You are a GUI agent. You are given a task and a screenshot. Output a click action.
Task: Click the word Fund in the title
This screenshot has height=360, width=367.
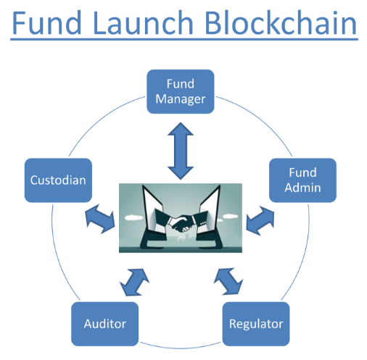tap(46, 22)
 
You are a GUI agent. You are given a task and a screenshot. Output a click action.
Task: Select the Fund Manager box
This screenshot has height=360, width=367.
tap(181, 91)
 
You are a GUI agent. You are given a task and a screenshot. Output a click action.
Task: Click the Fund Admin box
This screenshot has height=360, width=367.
tap(302, 180)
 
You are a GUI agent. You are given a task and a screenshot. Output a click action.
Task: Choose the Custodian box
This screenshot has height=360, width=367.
tap(58, 180)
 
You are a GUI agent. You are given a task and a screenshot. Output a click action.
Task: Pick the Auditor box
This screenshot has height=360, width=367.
tap(105, 324)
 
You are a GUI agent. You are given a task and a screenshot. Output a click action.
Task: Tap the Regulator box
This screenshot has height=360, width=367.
tap(256, 324)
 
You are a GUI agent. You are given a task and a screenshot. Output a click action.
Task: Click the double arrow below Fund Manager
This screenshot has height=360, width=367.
tap(181, 151)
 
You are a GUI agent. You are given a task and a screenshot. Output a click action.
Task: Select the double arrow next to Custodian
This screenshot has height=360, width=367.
tap(100, 219)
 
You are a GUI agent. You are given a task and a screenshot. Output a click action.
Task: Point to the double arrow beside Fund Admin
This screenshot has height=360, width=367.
tap(260, 221)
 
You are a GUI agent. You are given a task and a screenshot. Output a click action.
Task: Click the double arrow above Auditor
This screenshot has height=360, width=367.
tap(134, 282)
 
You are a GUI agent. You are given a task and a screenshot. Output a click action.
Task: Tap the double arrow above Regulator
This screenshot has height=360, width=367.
tap(228, 281)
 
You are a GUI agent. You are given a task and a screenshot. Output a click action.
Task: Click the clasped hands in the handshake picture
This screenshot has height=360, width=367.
tap(181, 224)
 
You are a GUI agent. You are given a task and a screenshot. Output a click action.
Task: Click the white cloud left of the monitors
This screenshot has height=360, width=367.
tap(133, 217)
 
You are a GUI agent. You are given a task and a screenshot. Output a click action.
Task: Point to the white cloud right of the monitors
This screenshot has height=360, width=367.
tap(230, 217)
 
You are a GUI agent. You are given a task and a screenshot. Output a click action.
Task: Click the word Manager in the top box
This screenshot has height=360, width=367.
tap(181, 99)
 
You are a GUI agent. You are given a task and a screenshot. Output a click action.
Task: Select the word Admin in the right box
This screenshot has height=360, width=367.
tap(302, 188)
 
